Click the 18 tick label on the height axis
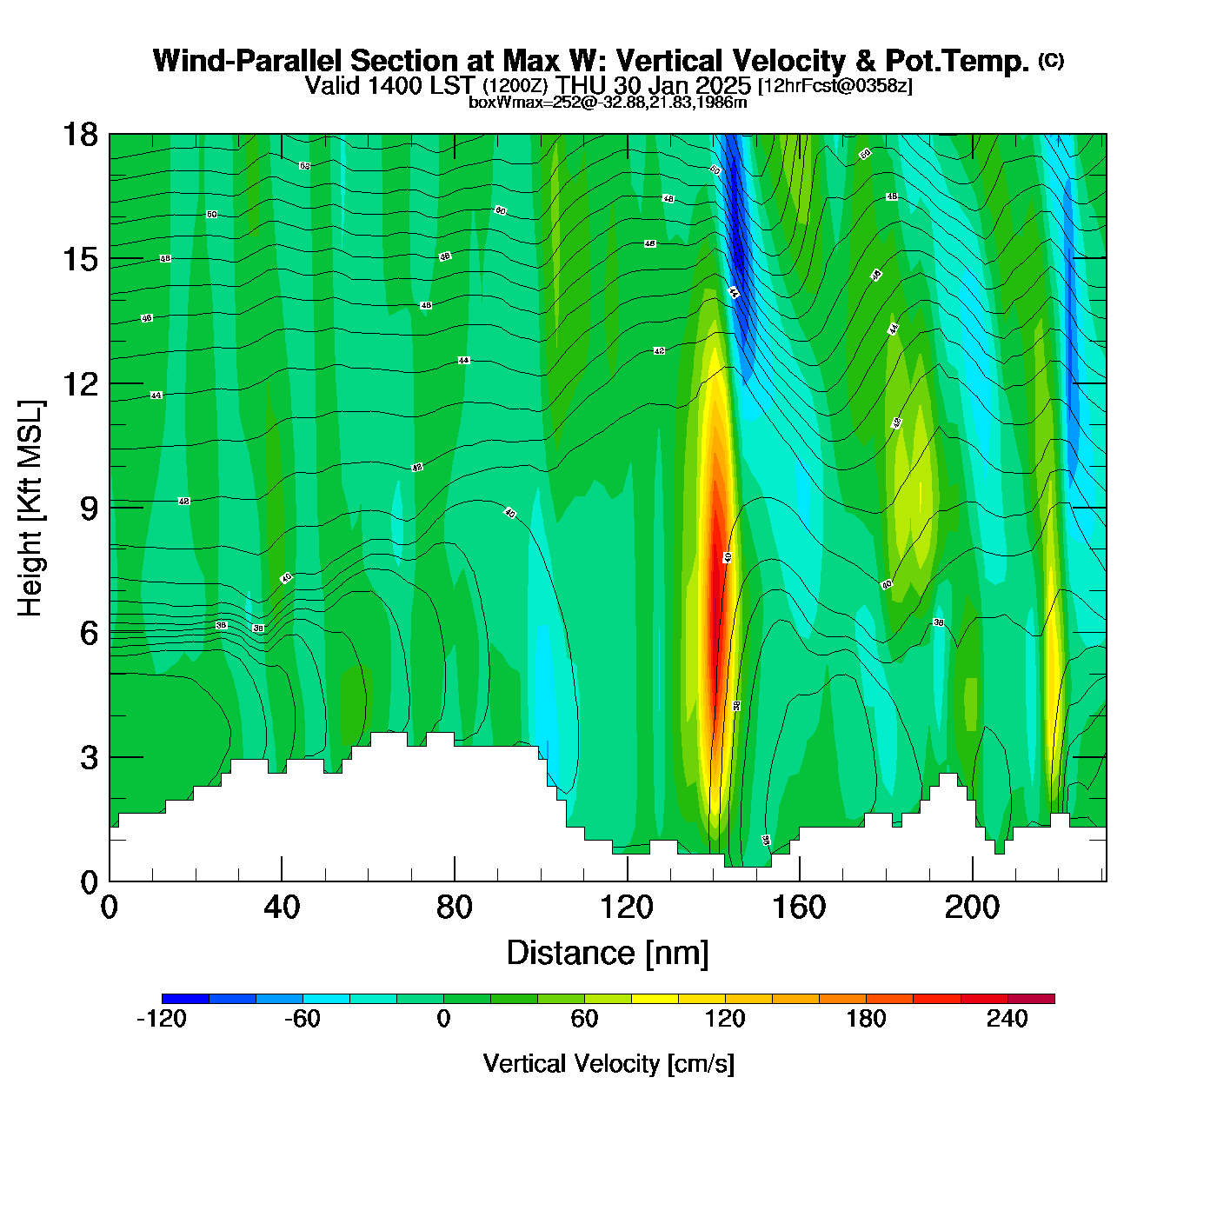[x=79, y=135]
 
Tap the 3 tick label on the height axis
[x=89, y=758]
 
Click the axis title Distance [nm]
[x=608, y=954]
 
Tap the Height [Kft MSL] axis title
[x=31, y=509]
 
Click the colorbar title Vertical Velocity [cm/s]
[x=608, y=1063]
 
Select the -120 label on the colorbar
[x=162, y=1019]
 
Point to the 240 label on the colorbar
[x=1007, y=1019]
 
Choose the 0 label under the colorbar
[x=443, y=1019]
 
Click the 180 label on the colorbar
[x=866, y=1019]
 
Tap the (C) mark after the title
[x=1051, y=60]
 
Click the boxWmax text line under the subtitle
[x=608, y=103]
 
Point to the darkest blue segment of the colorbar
[x=185, y=999]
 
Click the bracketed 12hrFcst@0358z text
[x=835, y=86]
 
